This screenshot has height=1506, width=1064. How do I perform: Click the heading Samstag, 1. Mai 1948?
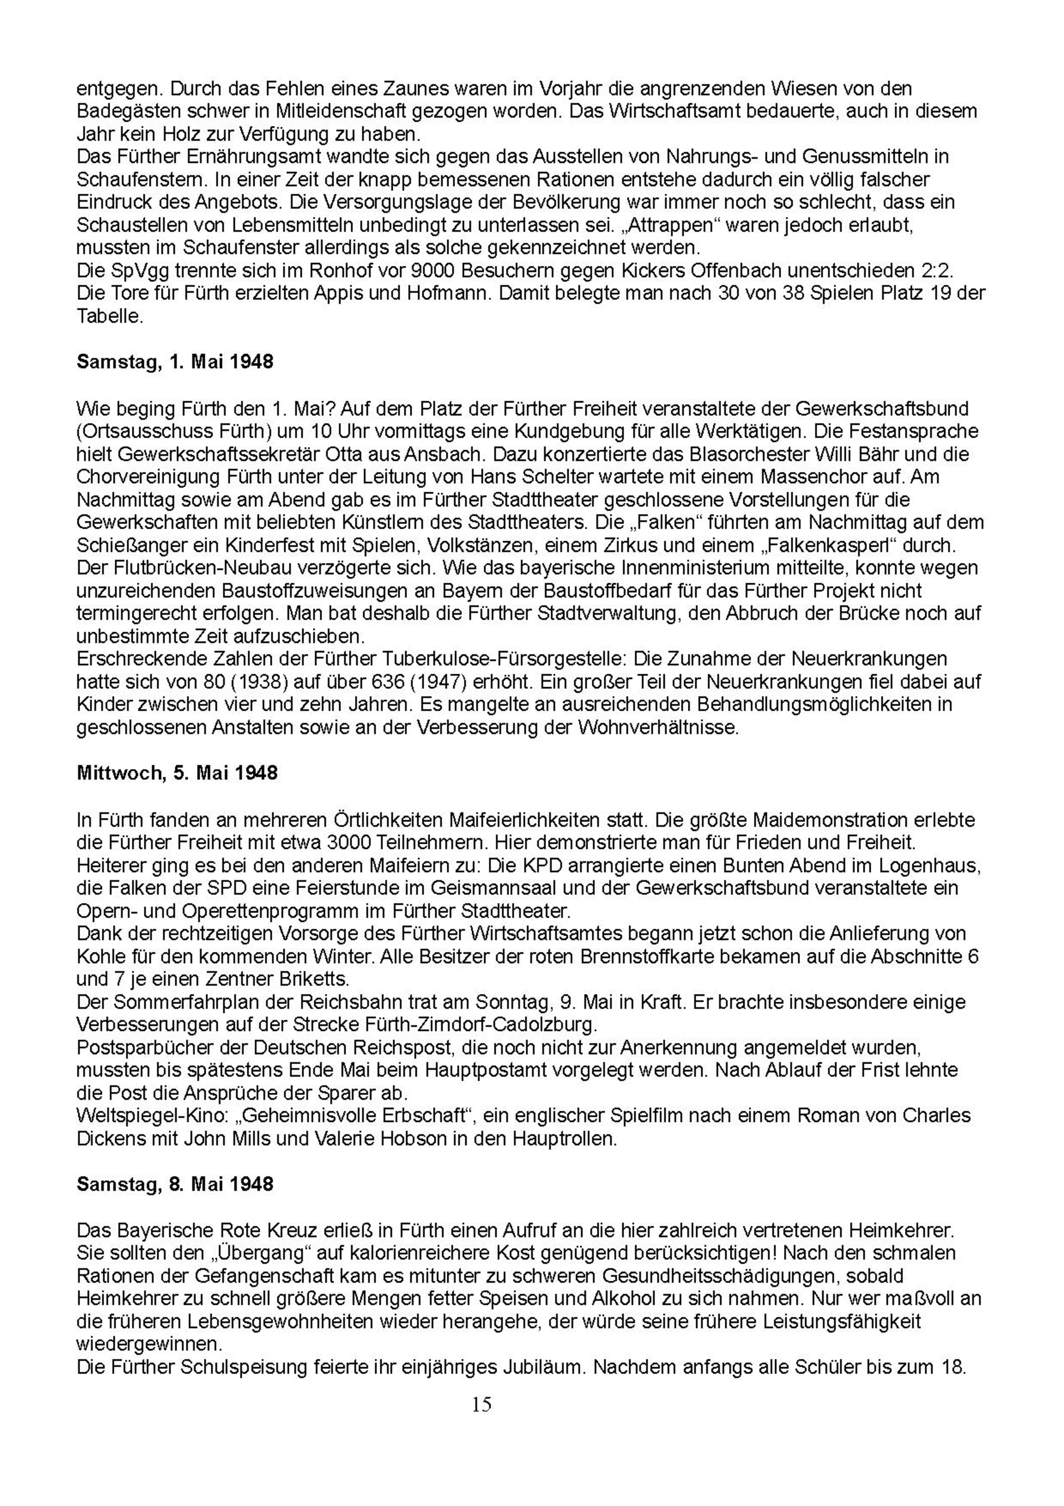tap(175, 362)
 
